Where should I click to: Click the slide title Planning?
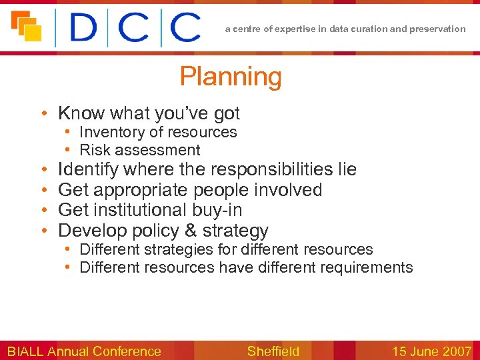(231, 77)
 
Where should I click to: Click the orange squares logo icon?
(26, 26)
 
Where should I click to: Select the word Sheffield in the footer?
(273, 351)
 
